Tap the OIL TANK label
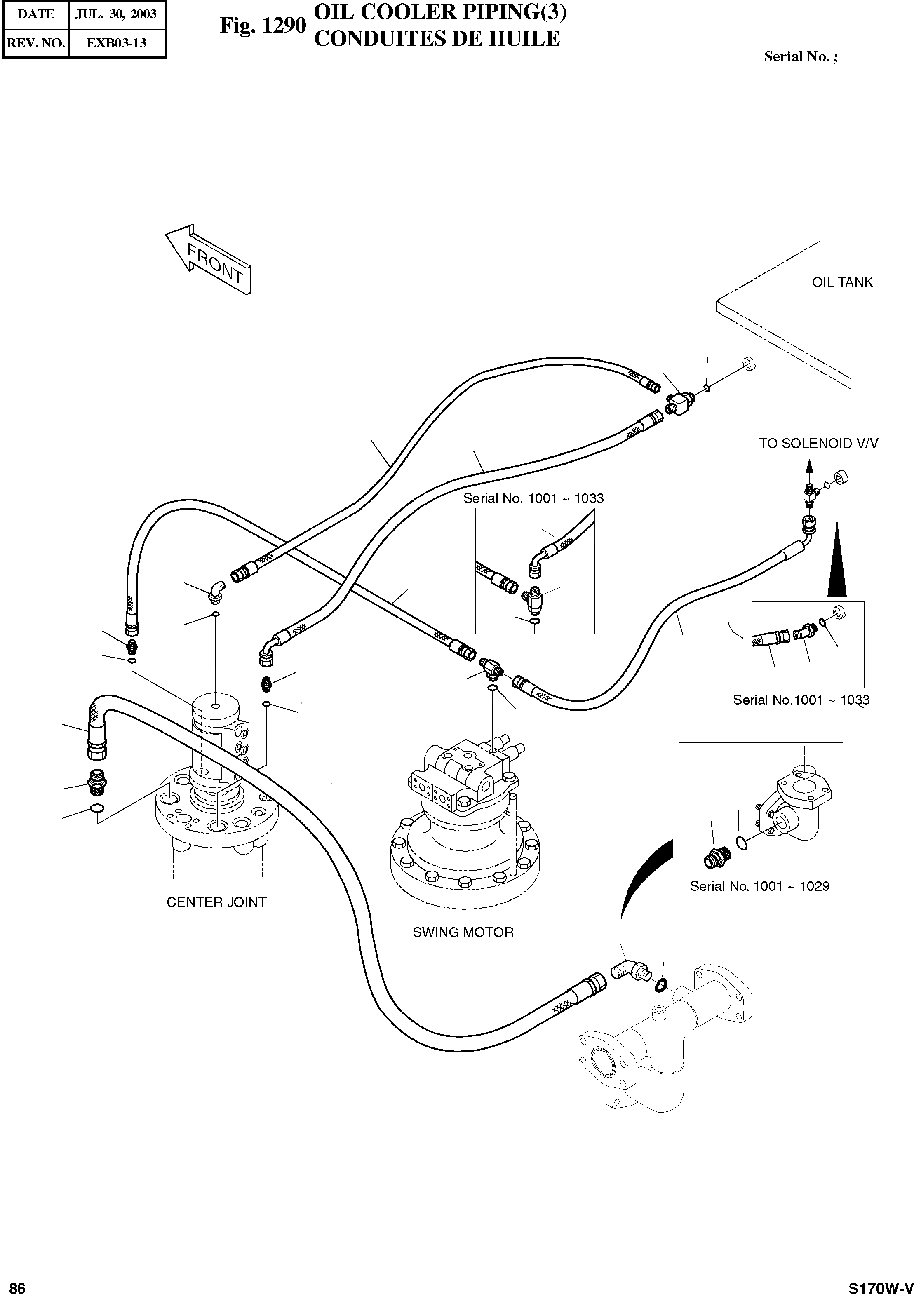click(841, 282)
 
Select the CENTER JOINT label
click(216, 902)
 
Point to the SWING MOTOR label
click(463, 932)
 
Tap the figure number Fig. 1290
click(263, 26)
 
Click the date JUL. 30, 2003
click(116, 14)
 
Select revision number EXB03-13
click(116, 43)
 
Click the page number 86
click(17, 1284)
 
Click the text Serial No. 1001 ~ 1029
click(759, 887)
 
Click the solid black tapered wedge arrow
click(837, 561)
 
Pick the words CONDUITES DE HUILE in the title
click(437, 39)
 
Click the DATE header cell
click(36, 14)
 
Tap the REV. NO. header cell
click(36, 43)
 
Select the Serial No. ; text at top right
click(801, 56)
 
